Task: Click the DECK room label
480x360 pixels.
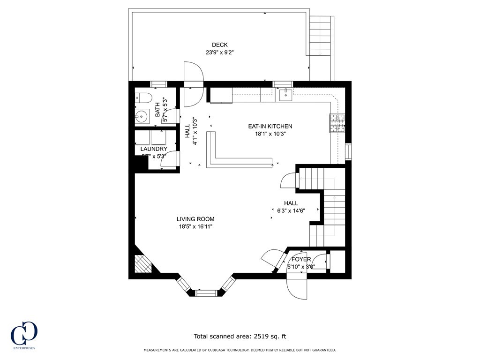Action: coord(219,45)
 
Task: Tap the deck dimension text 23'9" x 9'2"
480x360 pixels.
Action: coord(219,52)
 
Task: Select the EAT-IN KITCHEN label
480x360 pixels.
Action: coord(270,126)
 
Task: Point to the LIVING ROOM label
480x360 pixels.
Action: coord(195,219)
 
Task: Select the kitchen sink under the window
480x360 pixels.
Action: coord(285,95)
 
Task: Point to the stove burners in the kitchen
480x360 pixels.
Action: coord(337,124)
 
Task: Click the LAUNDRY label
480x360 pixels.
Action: coord(154,149)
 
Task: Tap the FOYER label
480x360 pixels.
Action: coord(301,259)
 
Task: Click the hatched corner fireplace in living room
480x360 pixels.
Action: coord(142,264)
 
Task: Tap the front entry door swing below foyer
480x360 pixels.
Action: coord(296,286)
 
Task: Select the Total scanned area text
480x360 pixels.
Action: coord(240,336)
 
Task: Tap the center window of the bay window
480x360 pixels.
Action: coord(206,293)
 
